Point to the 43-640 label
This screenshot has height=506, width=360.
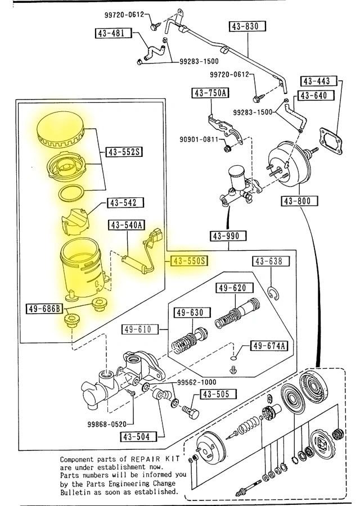tap(313, 96)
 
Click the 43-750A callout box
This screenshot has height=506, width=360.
tap(210, 93)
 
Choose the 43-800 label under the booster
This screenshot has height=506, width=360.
tap(299, 201)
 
